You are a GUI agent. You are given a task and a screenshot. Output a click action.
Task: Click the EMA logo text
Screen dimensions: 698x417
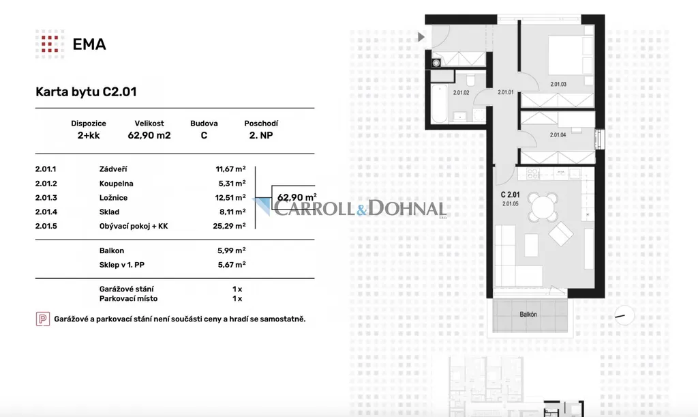click(89, 44)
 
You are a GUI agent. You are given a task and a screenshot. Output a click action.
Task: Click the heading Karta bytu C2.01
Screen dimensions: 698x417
click(86, 91)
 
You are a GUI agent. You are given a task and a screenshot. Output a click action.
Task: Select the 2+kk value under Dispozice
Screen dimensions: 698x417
click(89, 135)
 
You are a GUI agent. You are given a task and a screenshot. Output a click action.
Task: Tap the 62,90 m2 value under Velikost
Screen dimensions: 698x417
click(149, 135)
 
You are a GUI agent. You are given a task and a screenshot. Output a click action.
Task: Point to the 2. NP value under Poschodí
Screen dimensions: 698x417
click(261, 135)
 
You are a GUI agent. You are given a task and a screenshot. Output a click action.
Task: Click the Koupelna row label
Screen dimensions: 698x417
click(116, 184)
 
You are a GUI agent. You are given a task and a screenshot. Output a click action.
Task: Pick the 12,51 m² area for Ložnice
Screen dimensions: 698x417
click(230, 197)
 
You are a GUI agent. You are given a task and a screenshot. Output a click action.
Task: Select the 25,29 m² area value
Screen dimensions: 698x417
click(229, 226)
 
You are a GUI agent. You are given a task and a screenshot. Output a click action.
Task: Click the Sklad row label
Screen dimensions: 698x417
click(109, 212)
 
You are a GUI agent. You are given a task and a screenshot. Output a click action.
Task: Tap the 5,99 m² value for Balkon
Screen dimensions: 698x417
click(232, 250)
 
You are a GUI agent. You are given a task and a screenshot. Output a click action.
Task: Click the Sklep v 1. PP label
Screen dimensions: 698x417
click(121, 265)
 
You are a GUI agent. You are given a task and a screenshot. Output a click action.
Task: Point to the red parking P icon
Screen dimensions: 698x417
click(43, 319)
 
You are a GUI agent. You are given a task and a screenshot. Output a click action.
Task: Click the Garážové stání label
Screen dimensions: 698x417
click(126, 289)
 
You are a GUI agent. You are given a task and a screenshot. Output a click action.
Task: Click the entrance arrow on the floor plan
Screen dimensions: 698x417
click(421, 37)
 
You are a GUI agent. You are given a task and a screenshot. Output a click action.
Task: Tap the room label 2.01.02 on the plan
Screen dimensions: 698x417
click(461, 93)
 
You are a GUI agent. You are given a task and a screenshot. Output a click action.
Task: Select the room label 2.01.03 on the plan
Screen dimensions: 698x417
click(558, 84)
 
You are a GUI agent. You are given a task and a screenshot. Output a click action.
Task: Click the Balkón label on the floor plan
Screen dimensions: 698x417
click(528, 314)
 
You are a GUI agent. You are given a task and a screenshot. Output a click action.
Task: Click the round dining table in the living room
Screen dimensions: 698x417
click(543, 207)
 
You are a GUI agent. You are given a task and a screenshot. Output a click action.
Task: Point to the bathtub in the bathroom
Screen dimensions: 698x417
click(440, 104)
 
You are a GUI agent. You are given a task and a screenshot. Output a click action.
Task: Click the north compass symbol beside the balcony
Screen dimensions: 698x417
click(624, 316)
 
